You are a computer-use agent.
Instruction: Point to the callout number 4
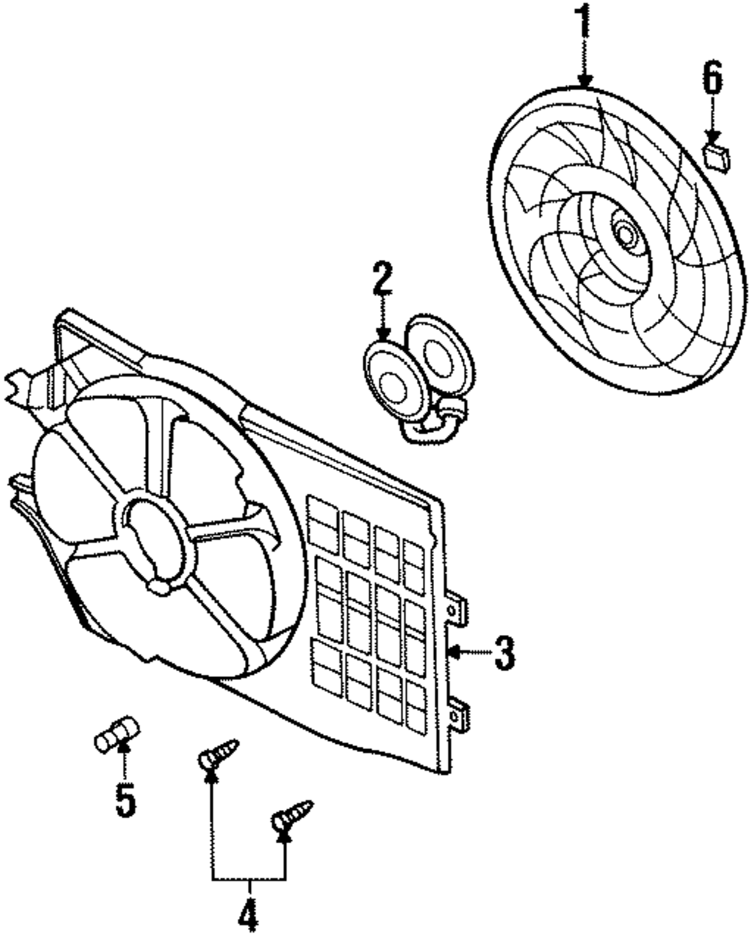pos(248,914)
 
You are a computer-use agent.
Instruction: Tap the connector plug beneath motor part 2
pos(451,413)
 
